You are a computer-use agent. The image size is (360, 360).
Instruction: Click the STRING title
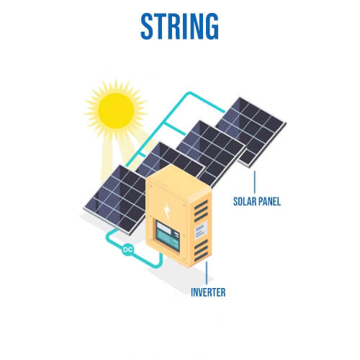179,26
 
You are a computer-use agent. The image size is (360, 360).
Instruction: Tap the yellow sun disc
116,111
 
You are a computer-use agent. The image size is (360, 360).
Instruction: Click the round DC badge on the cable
127,250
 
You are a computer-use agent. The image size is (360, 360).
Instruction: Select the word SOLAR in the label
244,201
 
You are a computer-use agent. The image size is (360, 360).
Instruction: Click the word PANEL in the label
269,201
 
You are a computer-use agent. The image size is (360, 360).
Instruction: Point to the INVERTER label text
208,292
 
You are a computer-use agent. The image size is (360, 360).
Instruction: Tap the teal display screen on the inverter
168,236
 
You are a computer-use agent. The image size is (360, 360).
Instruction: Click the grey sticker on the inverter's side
201,230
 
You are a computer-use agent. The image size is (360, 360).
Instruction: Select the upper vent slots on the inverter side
201,210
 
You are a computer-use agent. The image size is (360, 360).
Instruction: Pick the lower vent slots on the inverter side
201,250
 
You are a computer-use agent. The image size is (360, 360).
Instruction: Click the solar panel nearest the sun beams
115,199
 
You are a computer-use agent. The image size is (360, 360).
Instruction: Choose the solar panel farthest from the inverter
251,132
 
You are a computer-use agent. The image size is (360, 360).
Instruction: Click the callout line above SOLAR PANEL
254,181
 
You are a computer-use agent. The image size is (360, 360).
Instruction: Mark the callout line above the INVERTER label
207,273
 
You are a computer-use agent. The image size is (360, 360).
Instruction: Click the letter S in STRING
147,26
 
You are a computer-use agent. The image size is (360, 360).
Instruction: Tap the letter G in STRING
212,26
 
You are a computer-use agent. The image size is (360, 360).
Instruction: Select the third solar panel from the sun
211,151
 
